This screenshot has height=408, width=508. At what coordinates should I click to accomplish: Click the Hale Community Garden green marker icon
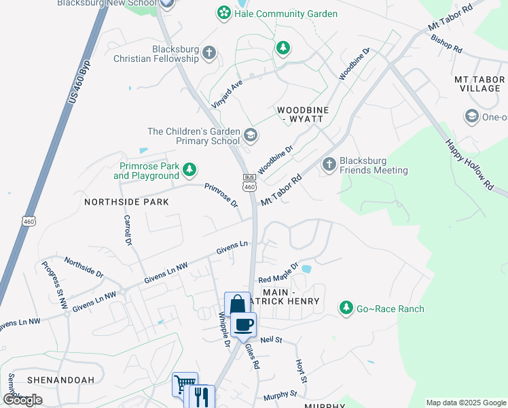tap(223, 13)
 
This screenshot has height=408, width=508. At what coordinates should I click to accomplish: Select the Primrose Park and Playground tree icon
tap(192, 169)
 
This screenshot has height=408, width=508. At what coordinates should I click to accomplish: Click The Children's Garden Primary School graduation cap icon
tap(251, 135)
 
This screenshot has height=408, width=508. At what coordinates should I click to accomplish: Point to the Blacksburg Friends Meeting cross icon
tap(329, 164)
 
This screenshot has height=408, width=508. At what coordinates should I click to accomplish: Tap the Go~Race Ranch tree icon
tap(346, 309)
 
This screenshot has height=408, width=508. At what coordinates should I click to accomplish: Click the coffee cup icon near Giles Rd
tap(244, 324)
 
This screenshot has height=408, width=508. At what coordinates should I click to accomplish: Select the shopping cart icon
tap(184, 384)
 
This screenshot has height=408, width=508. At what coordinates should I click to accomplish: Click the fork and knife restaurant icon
tap(201, 396)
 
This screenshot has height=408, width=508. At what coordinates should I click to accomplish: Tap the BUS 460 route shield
tap(249, 182)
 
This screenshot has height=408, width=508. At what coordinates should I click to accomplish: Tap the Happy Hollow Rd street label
tap(469, 164)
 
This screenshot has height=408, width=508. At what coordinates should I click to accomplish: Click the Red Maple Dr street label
tap(278, 273)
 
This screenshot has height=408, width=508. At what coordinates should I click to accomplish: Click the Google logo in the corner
tap(22, 400)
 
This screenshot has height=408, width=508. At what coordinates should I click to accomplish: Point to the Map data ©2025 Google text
tap(465, 403)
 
